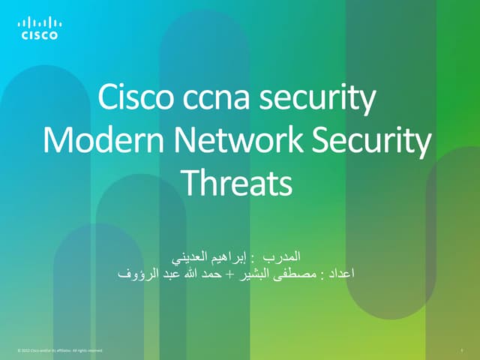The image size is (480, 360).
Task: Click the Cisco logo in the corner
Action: [39, 28]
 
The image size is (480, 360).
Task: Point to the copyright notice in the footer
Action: [58, 350]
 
